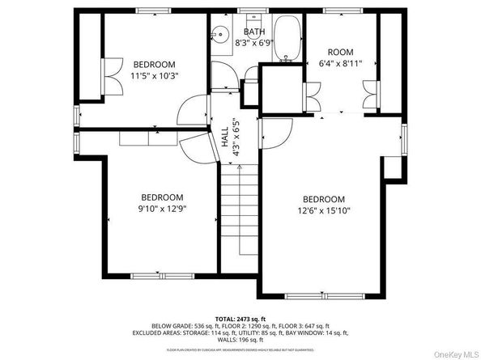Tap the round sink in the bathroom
point(219,35)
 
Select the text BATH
point(254,32)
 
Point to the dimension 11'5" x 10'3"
point(155,75)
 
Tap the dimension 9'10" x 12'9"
point(162,209)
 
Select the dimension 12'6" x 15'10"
point(323,211)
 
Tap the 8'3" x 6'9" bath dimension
point(254,43)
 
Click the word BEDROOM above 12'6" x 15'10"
point(323,200)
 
